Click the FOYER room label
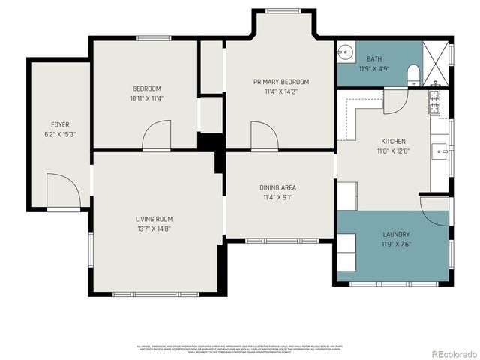click(x=60, y=124)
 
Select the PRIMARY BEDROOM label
click(x=280, y=82)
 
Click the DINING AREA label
click(x=278, y=188)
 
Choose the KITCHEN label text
click(x=393, y=141)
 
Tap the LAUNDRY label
click(x=396, y=233)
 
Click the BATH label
click(x=374, y=58)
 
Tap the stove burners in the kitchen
click(x=435, y=102)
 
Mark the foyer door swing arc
click(x=62, y=189)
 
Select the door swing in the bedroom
click(x=158, y=136)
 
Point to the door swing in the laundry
click(x=433, y=205)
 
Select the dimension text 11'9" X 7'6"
click(x=396, y=243)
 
